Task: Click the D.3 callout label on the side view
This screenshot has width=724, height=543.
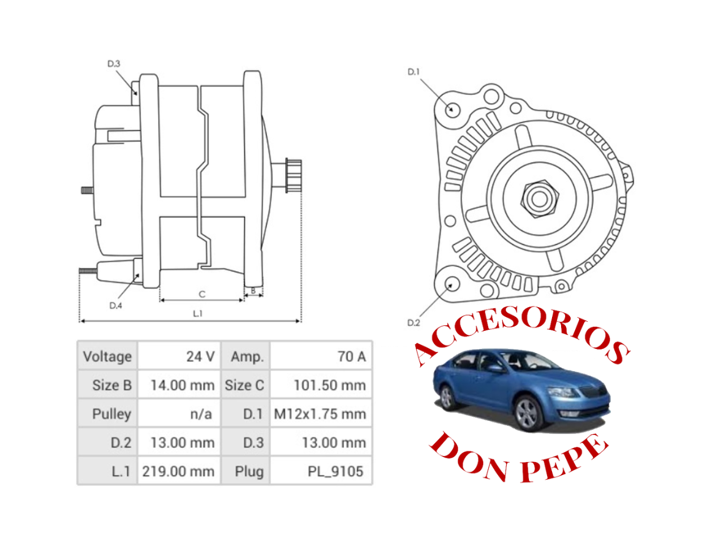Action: click(114, 64)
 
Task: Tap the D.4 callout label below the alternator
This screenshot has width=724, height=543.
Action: click(115, 305)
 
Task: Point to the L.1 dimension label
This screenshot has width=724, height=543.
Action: click(197, 313)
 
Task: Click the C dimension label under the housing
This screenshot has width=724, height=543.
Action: click(202, 294)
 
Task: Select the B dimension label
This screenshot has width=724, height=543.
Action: click(253, 291)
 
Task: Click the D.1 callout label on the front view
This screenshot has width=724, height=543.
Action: click(413, 72)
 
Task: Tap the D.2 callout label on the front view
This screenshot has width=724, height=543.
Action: click(413, 322)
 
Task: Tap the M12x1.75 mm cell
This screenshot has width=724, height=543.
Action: click(320, 414)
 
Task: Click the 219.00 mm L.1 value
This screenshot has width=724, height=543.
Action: click(178, 471)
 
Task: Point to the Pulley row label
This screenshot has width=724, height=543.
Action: click(111, 414)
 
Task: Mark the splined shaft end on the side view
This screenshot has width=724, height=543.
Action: click(294, 176)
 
